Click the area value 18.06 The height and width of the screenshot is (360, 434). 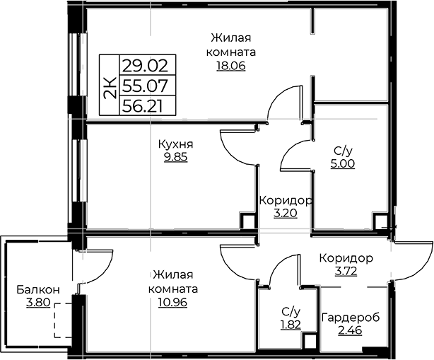tap(231, 66)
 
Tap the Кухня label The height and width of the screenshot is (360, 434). tap(176, 144)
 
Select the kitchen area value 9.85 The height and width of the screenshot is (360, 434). tap(176, 157)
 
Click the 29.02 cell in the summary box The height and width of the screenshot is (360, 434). tap(145, 66)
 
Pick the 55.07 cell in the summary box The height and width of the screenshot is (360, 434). tap(145, 86)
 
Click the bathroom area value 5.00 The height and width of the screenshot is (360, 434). tap(342, 163)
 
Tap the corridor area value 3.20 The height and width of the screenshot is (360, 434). tap(286, 214)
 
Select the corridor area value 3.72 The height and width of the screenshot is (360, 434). tap(346, 272)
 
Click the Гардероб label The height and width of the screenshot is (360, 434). tap(350, 318)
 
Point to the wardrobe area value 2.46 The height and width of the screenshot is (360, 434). tap(350, 330)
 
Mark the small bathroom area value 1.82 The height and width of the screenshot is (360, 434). tap(291, 325)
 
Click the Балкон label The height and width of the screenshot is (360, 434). tap(38, 290)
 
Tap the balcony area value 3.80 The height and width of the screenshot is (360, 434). tap(38, 303)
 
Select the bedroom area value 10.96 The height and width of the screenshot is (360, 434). tap(172, 303)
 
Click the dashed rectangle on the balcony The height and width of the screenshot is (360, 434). tap(64, 320)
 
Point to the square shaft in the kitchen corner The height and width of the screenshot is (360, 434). tap(247, 221)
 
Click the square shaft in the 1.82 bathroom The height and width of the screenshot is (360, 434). tap(310, 342)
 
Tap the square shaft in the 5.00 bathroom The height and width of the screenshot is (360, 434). tap(380, 221)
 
